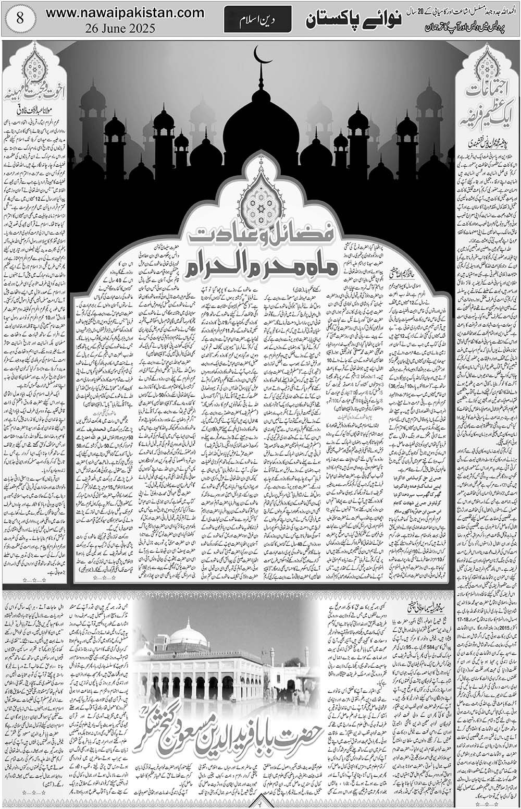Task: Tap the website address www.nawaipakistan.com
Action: click(125, 13)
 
